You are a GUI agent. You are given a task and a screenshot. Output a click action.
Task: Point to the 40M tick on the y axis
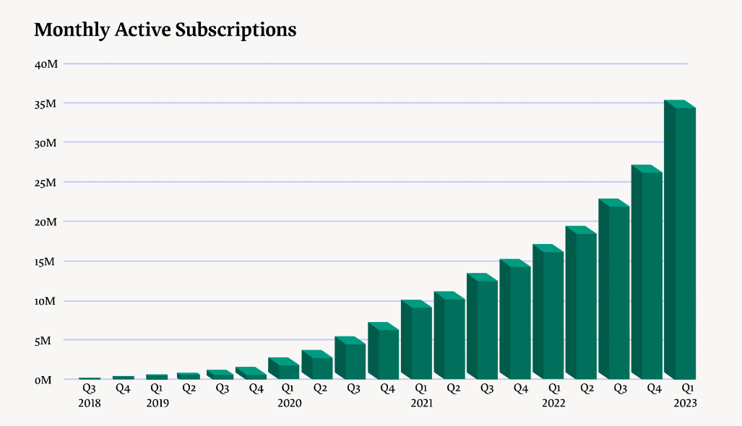pyautogui.click(x=46, y=64)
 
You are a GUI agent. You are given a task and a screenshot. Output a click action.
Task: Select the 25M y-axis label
pyautogui.click(x=46, y=182)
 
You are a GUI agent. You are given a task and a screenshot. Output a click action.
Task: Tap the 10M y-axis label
pyautogui.click(x=46, y=300)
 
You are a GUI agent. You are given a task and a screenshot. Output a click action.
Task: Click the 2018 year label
pyautogui.click(x=90, y=403)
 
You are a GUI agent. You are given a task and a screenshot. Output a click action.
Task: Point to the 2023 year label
pyautogui.click(x=685, y=403)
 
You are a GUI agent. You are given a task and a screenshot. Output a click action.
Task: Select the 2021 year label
pyautogui.click(x=421, y=403)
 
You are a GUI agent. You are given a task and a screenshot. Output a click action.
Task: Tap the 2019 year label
pyautogui.click(x=157, y=403)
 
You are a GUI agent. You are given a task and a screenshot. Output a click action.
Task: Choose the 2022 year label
pyautogui.click(x=553, y=403)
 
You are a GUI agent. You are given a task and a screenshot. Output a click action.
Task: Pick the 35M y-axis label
pyautogui.click(x=46, y=103)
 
